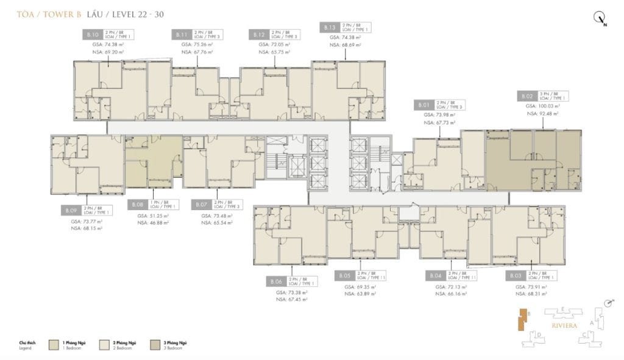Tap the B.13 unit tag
point(329,27)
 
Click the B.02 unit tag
point(527,96)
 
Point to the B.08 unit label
point(138,205)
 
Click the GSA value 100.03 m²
point(542,105)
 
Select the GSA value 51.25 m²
point(152,216)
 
